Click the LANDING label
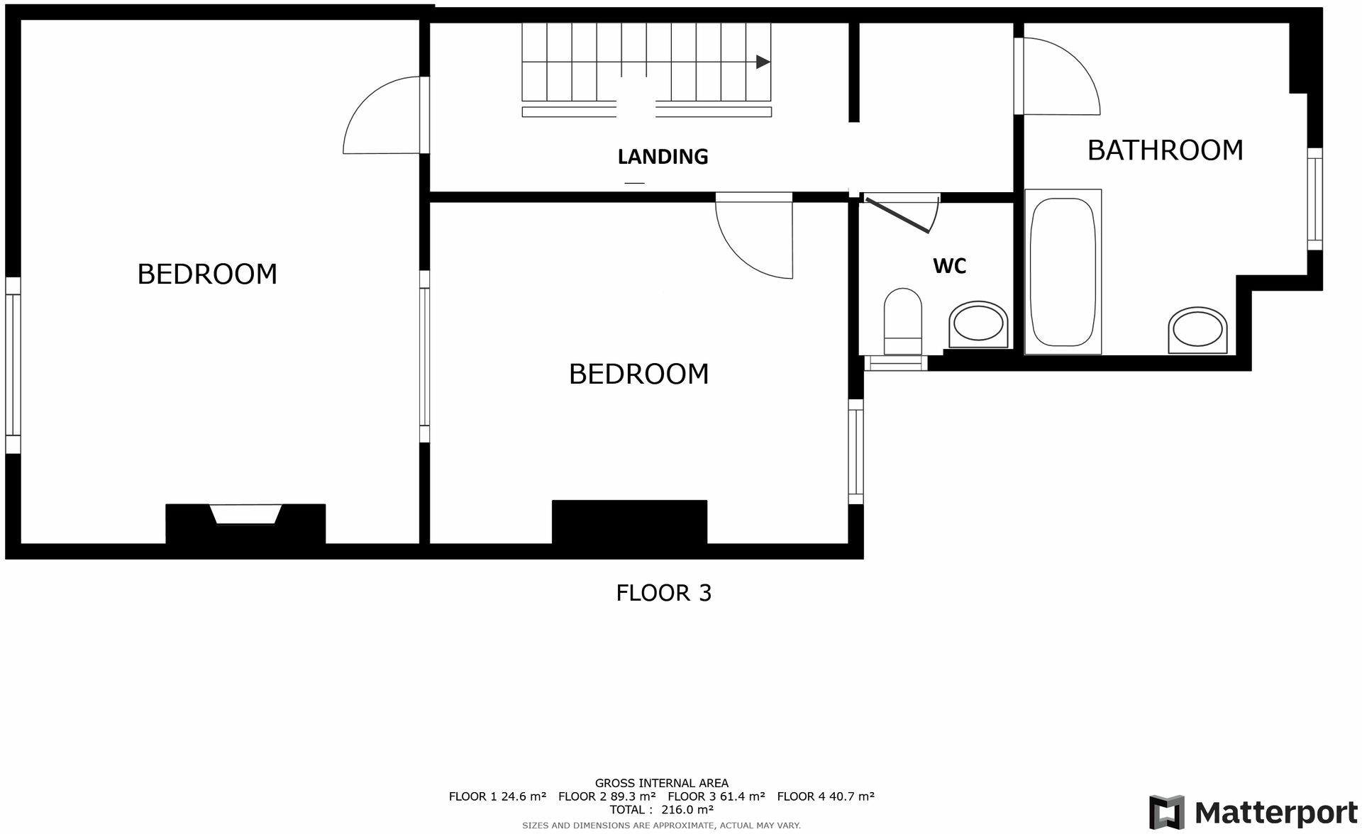coord(663,157)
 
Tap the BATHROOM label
coord(1165,150)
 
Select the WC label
coord(949,266)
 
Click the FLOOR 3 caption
coord(663,593)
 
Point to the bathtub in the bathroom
coord(1062,272)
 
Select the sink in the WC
coord(979,326)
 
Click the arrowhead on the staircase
coord(763,62)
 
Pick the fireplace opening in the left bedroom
coord(246,514)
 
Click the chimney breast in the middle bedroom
coord(629,522)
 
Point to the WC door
coord(898,216)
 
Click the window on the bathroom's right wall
coord(1314,199)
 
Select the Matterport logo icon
coord(1166,812)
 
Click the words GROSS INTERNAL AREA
coord(661,784)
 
